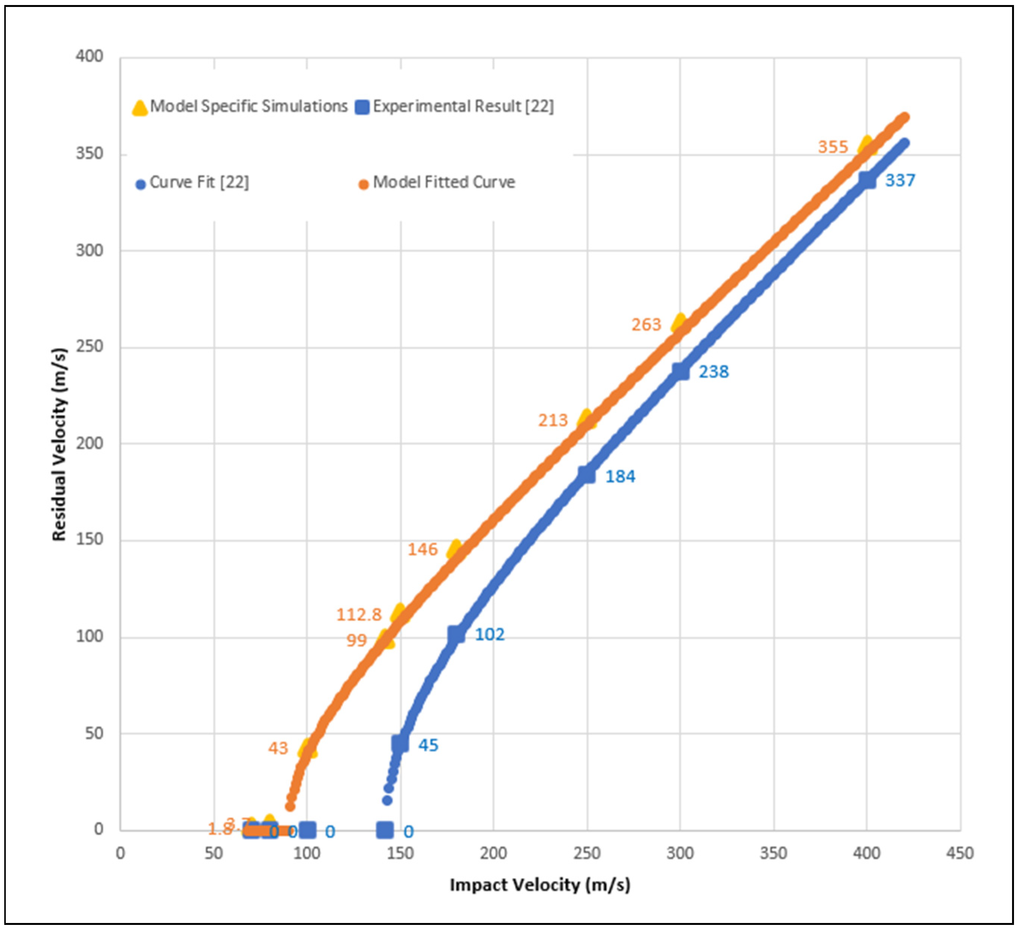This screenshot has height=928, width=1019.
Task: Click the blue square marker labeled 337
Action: [x=867, y=180]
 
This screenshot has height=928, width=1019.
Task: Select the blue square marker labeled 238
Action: [x=680, y=371]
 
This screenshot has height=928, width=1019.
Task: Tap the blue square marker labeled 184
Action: [x=587, y=475]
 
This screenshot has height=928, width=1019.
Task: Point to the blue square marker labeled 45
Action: [x=400, y=743]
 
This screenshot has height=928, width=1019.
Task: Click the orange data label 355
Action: [x=832, y=147]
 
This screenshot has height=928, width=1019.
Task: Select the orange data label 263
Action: [x=646, y=324]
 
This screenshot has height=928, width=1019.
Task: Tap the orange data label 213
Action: [x=553, y=420]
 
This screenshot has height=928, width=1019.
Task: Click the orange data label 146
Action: [x=422, y=550]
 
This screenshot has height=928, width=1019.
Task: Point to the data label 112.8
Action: [x=359, y=615]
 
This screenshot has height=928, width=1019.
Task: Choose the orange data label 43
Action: [x=278, y=748]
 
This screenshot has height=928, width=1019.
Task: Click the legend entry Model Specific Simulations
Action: [x=240, y=107]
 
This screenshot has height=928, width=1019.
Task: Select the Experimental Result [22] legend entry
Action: [x=455, y=107]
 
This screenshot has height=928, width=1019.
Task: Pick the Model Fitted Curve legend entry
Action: [x=437, y=182]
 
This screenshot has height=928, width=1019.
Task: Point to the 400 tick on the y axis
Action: [x=90, y=56]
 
